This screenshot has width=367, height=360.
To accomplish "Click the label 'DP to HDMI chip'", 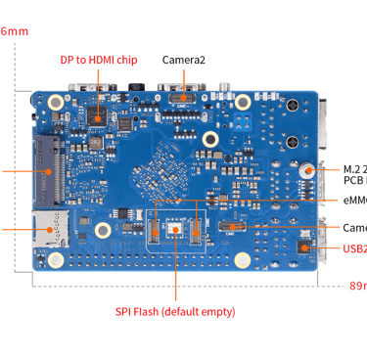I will click(x=99, y=60).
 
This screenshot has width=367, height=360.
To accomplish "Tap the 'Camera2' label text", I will click(x=183, y=60).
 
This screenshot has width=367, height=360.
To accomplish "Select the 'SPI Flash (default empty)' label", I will click(x=175, y=312).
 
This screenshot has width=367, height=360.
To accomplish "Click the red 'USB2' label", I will click(x=355, y=248).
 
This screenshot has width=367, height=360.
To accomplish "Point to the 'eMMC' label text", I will click(x=355, y=201).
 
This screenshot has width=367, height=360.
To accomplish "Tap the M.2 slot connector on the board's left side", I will click(x=45, y=170).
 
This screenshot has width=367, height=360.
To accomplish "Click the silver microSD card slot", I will click(x=45, y=228).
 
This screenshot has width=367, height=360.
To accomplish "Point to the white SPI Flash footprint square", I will click(x=175, y=229).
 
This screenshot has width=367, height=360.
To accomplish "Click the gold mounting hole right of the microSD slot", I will click(x=102, y=231).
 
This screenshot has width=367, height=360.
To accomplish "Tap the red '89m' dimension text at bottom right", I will click(x=357, y=287).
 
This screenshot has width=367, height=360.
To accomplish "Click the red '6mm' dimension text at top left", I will click(x=13, y=32).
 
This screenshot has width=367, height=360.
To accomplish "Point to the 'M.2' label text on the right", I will click(x=353, y=167).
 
